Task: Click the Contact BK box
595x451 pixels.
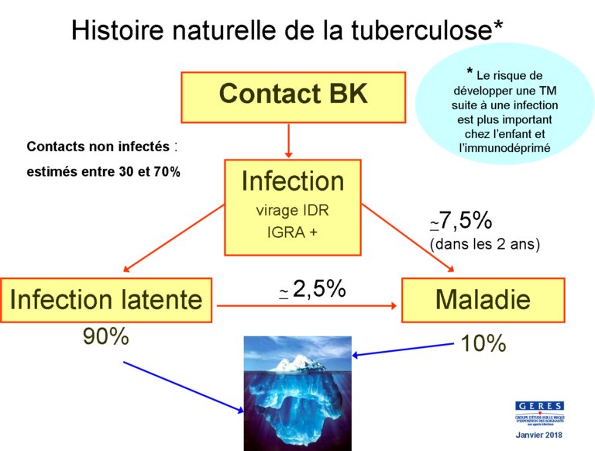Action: point(293,97)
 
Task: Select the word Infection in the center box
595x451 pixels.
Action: point(293,181)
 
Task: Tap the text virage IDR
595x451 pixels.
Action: point(292,210)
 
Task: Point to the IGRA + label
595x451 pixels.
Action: point(292,232)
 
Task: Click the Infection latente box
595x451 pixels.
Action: point(106,300)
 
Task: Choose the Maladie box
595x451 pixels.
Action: point(483,300)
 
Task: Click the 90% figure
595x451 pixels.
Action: point(105,337)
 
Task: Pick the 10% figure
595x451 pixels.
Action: point(483,343)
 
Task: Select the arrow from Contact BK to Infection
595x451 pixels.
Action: point(288,141)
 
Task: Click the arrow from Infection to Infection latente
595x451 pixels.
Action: point(172,239)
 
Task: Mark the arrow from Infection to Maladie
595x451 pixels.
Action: point(408,239)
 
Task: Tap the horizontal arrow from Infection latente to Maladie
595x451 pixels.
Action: point(308,305)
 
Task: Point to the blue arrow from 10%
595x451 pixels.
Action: point(403,350)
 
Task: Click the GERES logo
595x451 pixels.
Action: point(539,413)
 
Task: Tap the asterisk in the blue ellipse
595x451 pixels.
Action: point(469,73)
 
